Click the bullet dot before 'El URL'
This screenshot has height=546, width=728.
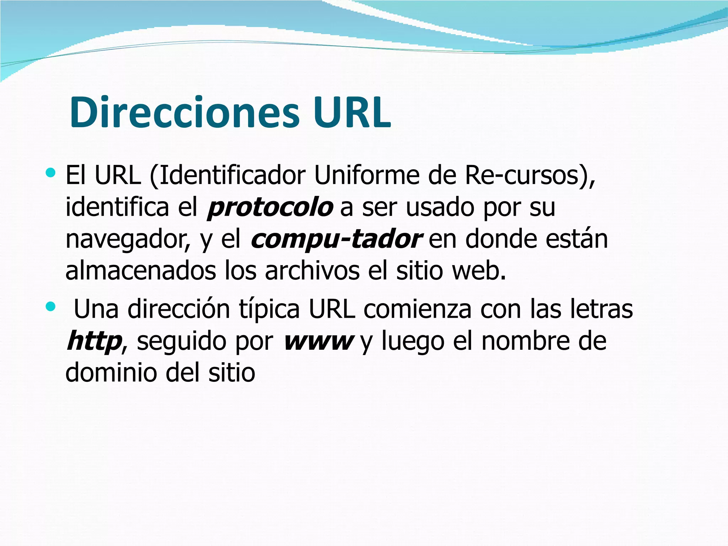coord(51,173)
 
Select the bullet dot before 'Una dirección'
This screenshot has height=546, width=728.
coord(51,306)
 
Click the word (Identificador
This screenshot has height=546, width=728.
coord(228,176)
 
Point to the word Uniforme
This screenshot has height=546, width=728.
coord(366,176)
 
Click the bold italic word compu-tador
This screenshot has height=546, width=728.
coord(336,239)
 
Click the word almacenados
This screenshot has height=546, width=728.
coord(141,271)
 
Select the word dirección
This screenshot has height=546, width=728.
coord(179,309)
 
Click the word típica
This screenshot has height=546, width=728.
coord(269,309)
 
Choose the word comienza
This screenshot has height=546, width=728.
coord(417,309)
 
